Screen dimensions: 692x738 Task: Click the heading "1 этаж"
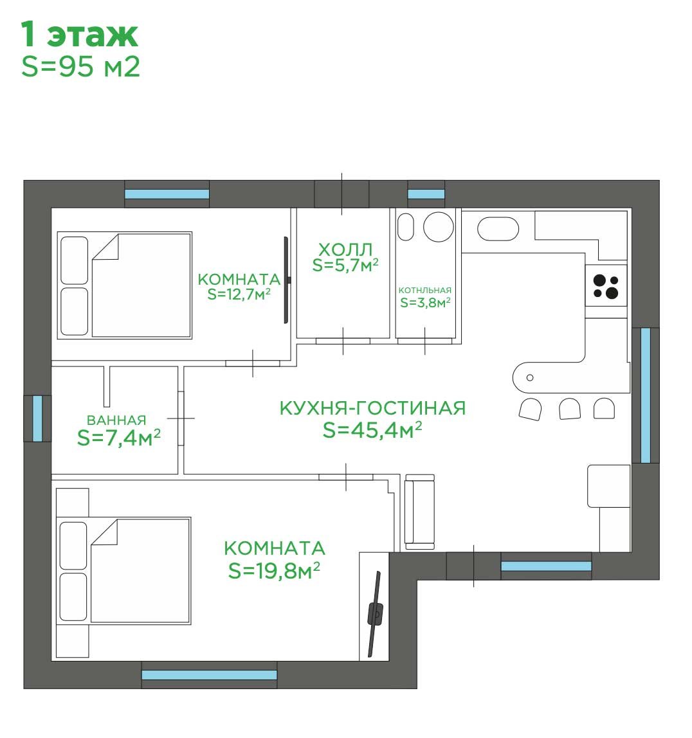[x=79, y=34]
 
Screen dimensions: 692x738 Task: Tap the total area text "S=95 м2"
[x=81, y=67]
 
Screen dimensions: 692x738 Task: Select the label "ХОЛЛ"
[x=345, y=249]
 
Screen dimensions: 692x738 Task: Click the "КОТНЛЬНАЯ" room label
[x=424, y=291]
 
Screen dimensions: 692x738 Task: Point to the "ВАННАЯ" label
[x=116, y=420]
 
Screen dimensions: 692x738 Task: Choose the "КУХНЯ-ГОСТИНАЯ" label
[x=372, y=408]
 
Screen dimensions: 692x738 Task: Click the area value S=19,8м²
[x=274, y=570]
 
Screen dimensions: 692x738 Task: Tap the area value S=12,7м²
[x=239, y=294]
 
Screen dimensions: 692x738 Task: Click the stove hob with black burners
[x=606, y=285]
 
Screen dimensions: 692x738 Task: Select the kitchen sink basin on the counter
[x=498, y=230]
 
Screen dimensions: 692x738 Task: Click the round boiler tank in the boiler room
[x=438, y=227]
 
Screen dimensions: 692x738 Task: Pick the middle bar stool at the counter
[x=570, y=409]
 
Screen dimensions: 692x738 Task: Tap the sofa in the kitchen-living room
[x=419, y=512]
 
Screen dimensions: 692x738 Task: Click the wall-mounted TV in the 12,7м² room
[x=286, y=280]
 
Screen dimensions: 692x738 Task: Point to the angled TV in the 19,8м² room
[x=375, y=613]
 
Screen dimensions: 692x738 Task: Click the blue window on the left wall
[x=38, y=419]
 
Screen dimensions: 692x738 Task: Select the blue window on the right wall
[x=646, y=395]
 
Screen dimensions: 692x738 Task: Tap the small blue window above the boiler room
[x=426, y=194]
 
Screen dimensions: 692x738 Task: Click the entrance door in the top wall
[x=341, y=194]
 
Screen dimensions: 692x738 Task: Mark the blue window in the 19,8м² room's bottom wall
[x=209, y=675]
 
